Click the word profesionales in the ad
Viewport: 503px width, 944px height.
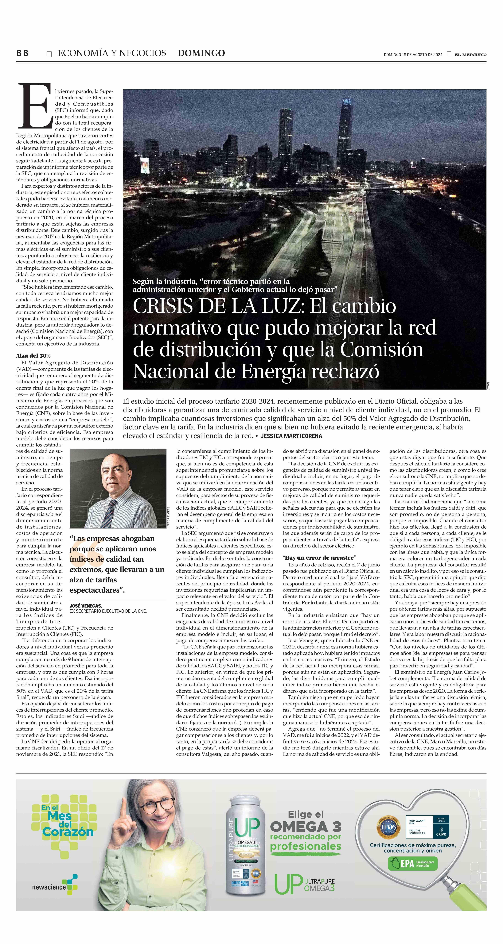(305, 846)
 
